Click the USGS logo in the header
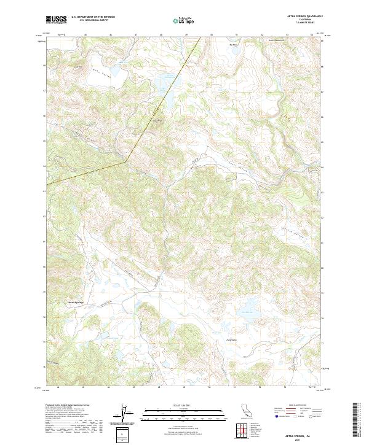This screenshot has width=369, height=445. [x=55, y=20]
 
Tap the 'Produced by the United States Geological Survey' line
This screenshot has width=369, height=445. [x=65, y=406]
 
